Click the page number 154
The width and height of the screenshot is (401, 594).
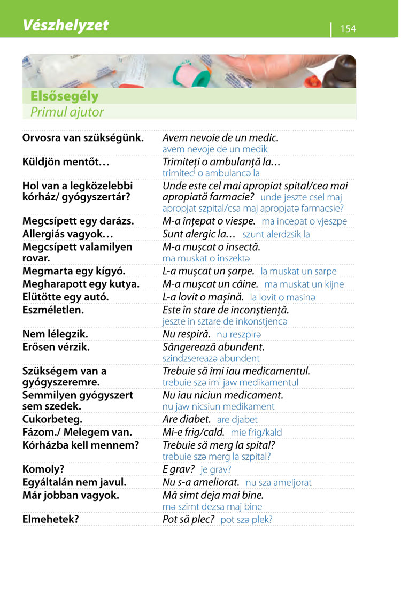[348, 29]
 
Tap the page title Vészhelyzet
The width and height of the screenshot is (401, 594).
[65, 25]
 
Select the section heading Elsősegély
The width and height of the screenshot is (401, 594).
[65, 97]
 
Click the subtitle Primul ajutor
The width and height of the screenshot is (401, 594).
[67, 112]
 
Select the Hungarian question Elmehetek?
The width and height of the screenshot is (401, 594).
[50, 519]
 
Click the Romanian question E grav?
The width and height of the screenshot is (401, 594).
[178, 469]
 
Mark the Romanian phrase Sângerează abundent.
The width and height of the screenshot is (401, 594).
[213, 347]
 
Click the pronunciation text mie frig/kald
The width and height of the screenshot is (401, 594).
[257, 433]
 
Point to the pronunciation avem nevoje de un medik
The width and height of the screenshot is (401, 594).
[215, 149]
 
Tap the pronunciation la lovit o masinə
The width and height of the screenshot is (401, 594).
[283, 297]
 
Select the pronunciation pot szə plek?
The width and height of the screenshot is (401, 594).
[246, 520]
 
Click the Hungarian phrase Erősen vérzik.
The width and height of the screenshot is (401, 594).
[56, 347]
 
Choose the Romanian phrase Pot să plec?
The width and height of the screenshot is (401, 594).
[188, 519]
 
